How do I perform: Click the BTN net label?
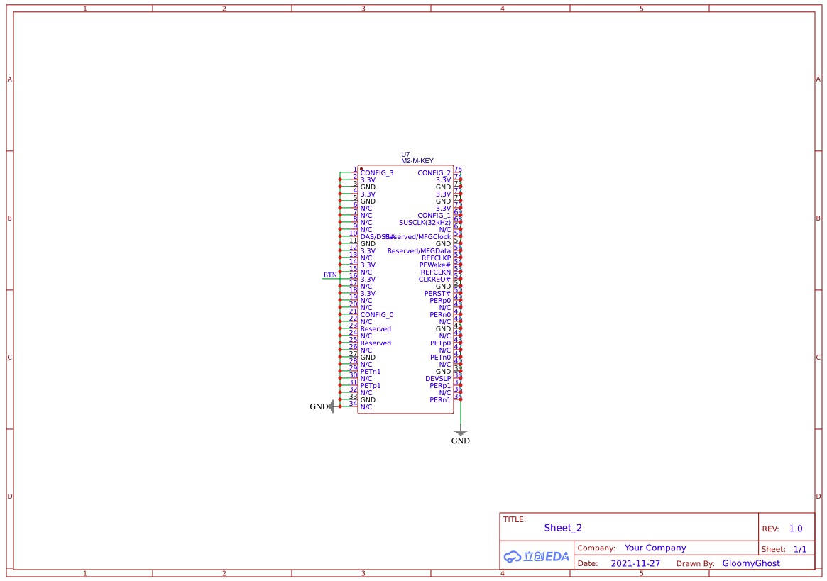330,275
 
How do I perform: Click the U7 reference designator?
405,154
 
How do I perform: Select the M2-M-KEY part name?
417,161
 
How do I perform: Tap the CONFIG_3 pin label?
376,173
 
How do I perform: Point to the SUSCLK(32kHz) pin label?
425,223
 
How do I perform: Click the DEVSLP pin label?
437,379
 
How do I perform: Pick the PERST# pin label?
437,294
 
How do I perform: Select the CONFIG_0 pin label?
376,315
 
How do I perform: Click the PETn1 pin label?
371,372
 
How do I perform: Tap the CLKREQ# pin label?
434,280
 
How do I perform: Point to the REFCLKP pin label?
436,258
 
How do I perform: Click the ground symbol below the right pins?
460,432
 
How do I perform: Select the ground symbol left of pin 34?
331,406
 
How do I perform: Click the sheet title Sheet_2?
563,528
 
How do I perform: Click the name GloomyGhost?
750,564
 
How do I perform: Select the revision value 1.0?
795,529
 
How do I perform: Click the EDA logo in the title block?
537,557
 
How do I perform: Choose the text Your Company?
655,548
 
